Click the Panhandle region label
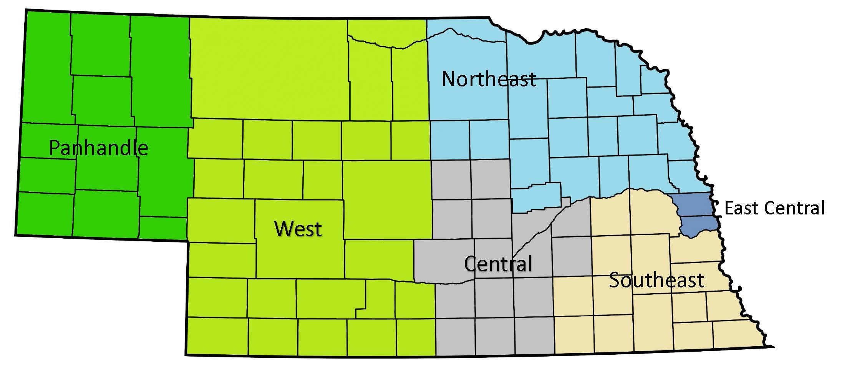click(x=98, y=148)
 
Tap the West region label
click(x=298, y=229)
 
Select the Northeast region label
click(x=489, y=79)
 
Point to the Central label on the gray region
click(x=498, y=264)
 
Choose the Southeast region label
click(x=656, y=280)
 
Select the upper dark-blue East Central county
click(x=694, y=206)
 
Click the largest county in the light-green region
click(x=269, y=69)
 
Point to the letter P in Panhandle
click(x=55, y=148)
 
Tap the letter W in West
click(x=282, y=229)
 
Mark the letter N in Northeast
click(x=449, y=79)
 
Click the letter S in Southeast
click(x=615, y=280)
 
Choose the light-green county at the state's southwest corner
click(x=217, y=336)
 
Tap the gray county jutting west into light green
click(x=444, y=261)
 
